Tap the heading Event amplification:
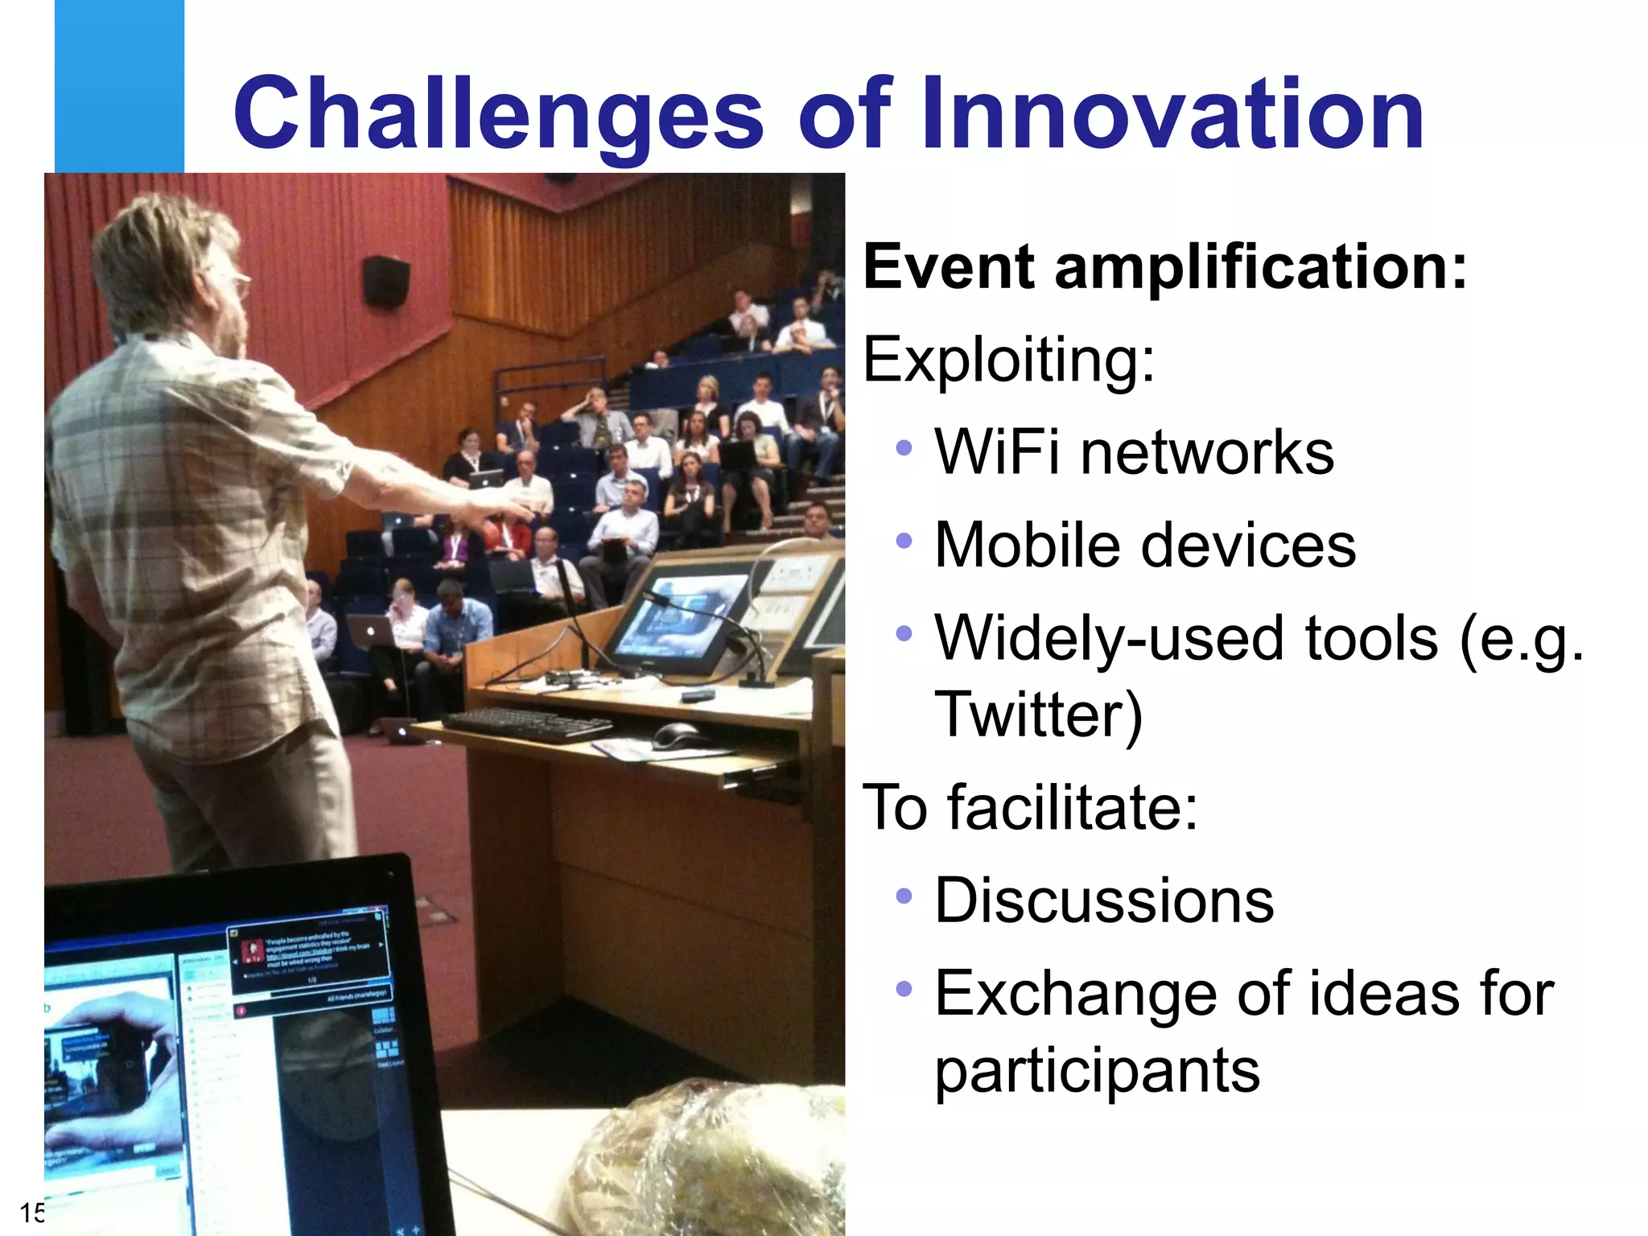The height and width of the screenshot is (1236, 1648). coord(1164,267)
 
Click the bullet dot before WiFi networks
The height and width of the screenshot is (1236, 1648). coord(904,448)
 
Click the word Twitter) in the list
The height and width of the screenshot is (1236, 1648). coord(1037,714)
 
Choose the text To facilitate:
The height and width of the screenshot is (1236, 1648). coord(1030,807)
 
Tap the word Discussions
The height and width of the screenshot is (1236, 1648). coord(1104,900)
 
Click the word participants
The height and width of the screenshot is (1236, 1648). coord(1097,1071)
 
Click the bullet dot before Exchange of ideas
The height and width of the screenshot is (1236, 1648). coord(904,988)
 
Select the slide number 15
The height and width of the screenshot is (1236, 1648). coord(31,1212)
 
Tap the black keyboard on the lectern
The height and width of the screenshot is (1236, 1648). coord(527,723)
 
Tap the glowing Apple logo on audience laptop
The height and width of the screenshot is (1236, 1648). coord(371,632)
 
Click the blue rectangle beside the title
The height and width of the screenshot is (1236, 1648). coord(119,85)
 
